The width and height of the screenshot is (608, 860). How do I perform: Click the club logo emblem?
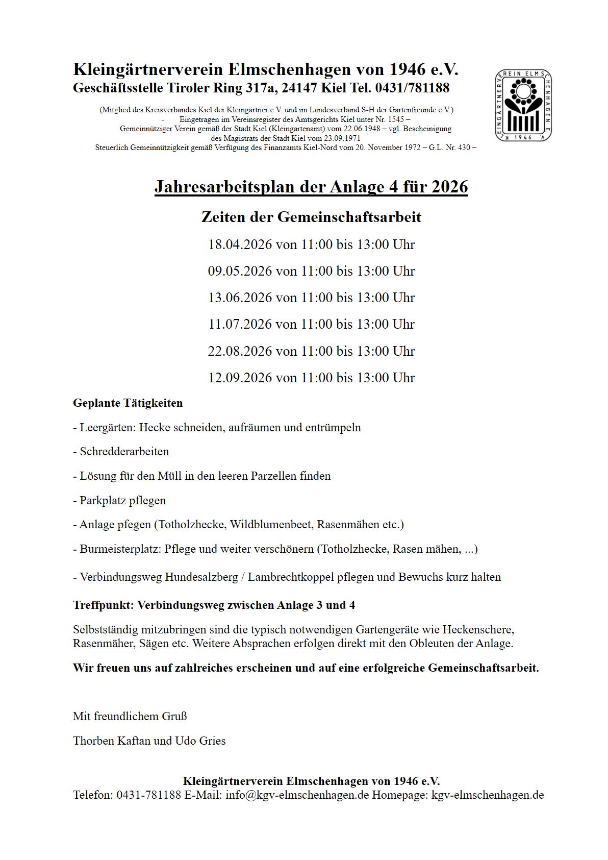[523, 106]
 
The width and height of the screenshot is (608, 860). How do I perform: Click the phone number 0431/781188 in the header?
[412, 88]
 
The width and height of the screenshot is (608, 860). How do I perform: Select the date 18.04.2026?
[240, 244]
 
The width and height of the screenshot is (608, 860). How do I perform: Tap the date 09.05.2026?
[240, 271]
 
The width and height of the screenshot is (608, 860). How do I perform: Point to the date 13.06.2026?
[240, 298]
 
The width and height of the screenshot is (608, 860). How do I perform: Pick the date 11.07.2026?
[240, 324]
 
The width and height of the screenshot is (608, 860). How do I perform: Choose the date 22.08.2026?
[240, 351]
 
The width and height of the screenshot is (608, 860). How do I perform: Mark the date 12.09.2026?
[240, 378]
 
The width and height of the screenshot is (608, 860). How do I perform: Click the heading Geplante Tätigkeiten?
[128, 403]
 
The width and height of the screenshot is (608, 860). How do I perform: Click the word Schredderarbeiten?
[124, 452]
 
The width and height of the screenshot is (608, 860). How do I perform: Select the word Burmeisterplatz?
[120, 549]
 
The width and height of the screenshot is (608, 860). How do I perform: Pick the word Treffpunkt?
[103, 605]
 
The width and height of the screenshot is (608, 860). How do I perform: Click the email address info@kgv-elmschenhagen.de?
[297, 795]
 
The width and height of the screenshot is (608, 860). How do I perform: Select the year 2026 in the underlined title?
[449, 187]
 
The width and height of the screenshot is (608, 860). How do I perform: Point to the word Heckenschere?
[478, 629]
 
